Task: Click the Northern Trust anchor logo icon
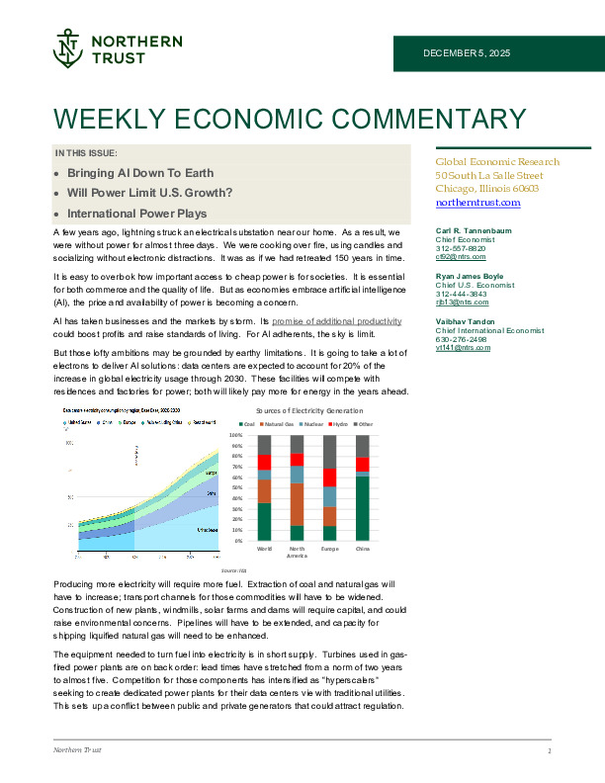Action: pos(67,46)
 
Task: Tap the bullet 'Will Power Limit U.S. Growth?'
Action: pos(135,192)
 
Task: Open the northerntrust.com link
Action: pos(477,202)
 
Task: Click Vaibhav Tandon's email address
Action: pos(463,348)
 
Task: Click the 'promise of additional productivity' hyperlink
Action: pos(344,322)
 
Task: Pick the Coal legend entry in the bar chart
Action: pos(251,423)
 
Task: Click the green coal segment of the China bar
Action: pos(362,508)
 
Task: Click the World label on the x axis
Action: pos(264,547)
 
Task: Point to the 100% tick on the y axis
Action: pos(236,435)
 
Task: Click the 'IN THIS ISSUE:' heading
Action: pos(87,153)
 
